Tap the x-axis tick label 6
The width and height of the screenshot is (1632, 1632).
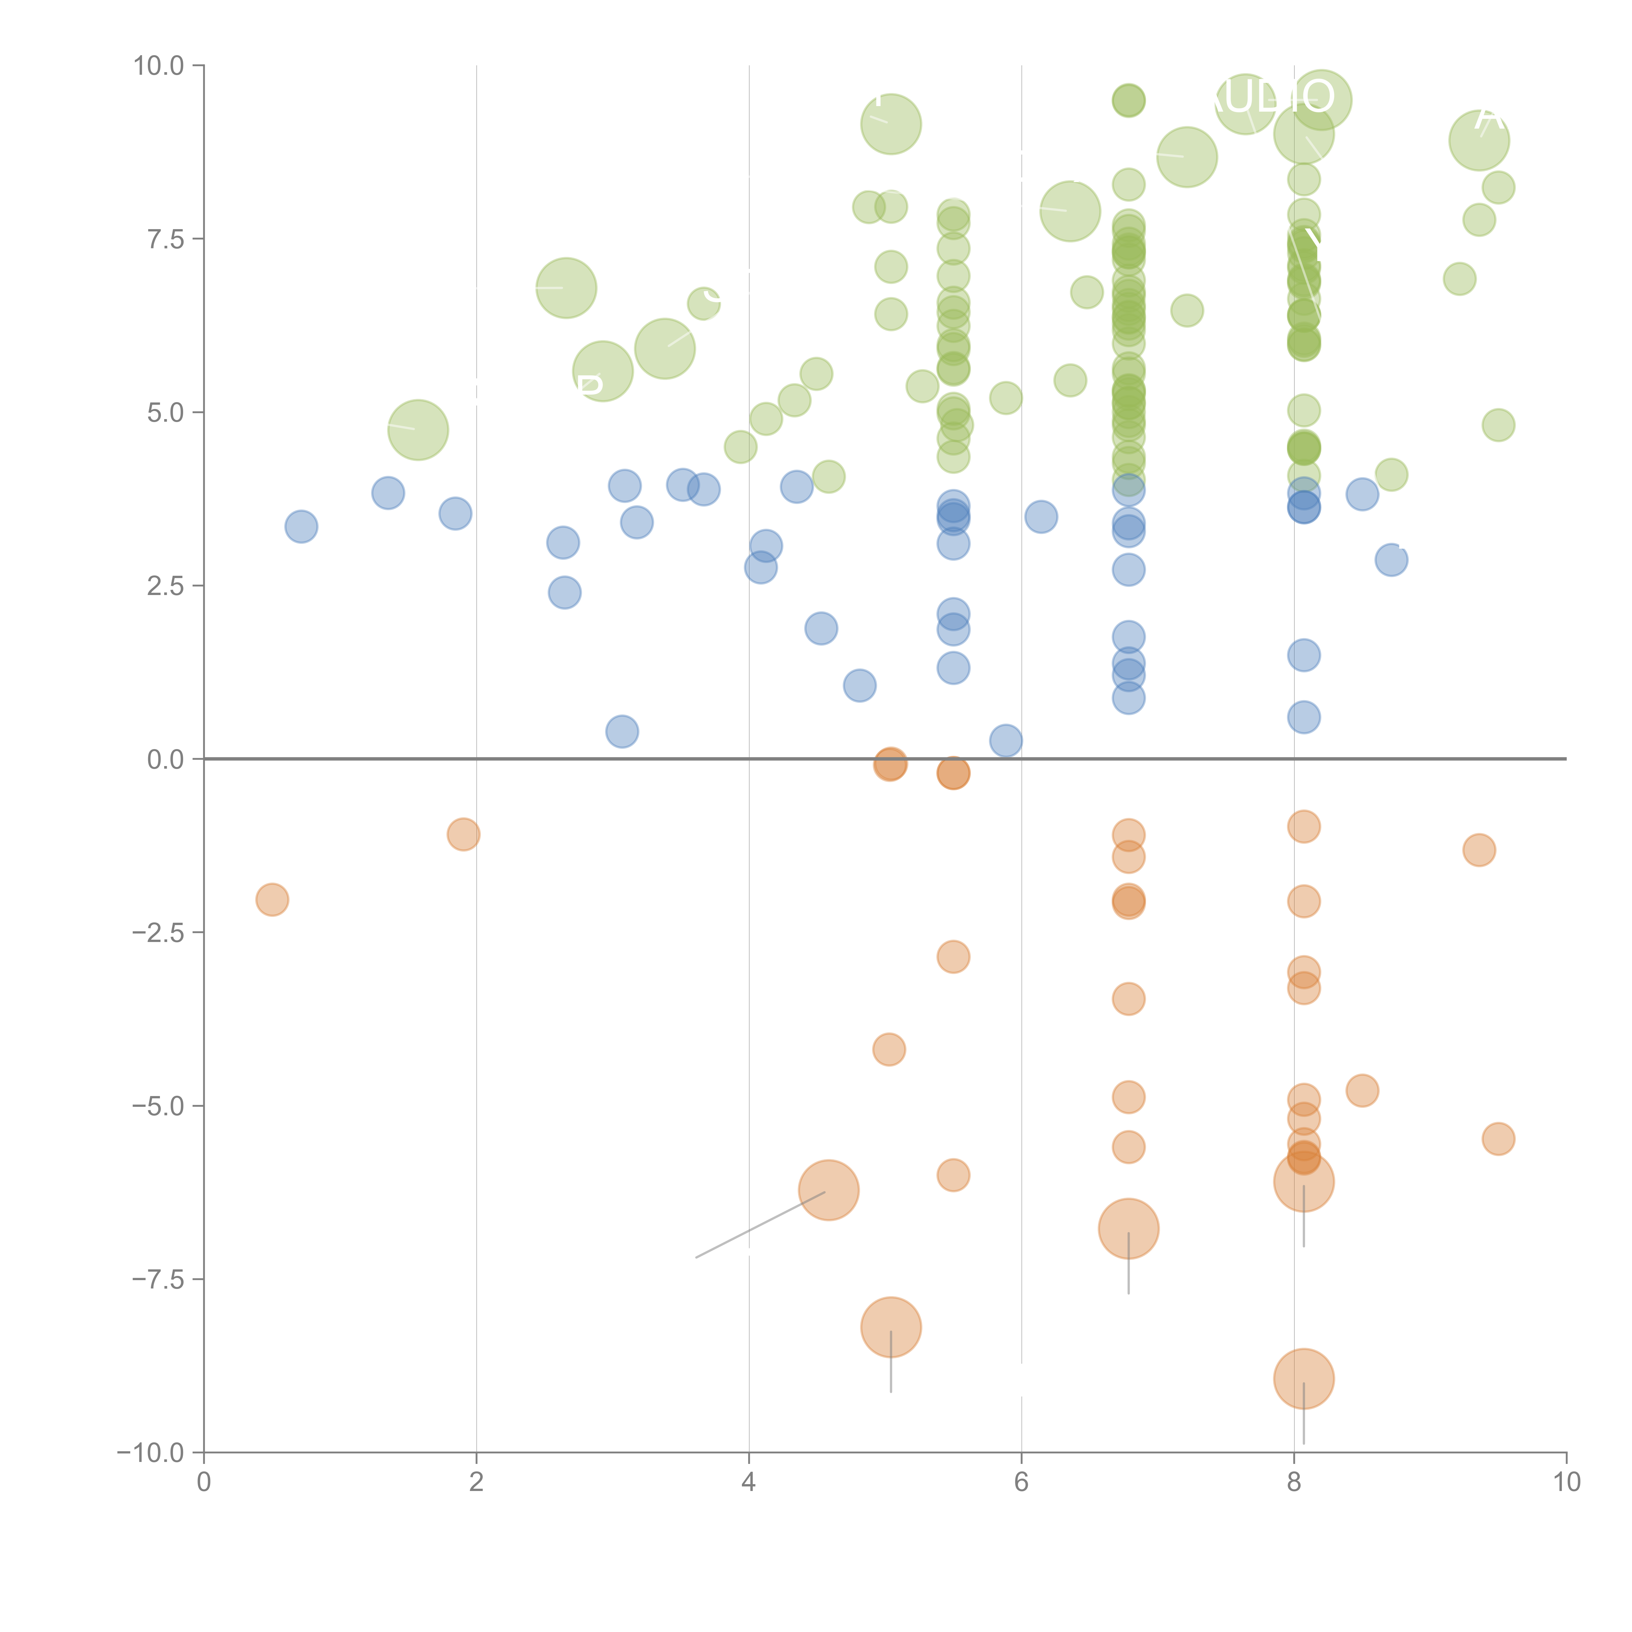[1021, 1483]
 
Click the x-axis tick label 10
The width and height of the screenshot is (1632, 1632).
[1566, 1483]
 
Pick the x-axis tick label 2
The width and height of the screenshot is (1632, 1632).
[477, 1483]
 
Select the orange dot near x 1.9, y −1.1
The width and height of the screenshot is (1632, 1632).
[463, 835]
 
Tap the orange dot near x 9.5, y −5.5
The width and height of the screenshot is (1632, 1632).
[1498, 1139]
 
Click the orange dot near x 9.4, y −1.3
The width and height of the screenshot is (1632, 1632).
[1478, 850]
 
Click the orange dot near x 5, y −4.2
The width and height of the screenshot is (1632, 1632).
[889, 1049]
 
